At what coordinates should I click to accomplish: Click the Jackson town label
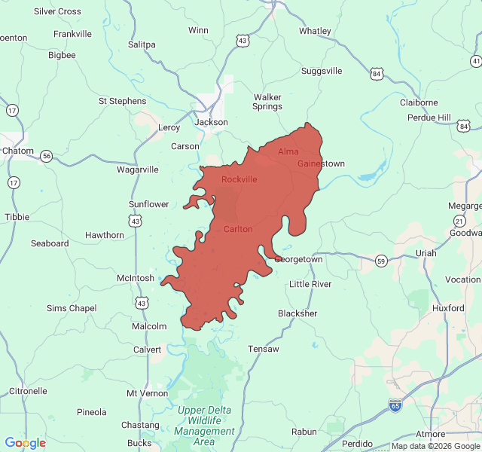(x=211, y=122)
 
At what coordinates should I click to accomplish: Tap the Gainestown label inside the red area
(x=321, y=163)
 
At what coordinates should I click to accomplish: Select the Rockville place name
(x=239, y=179)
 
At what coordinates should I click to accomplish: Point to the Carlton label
(x=238, y=228)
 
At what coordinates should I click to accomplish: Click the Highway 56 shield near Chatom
(x=47, y=156)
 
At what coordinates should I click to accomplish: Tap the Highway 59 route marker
(x=382, y=261)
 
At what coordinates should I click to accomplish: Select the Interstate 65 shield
(x=395, y=405)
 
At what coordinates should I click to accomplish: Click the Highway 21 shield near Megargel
(x=459, y=220)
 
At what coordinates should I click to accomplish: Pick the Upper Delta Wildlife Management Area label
(x=204, y=426)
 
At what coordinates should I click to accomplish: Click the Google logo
(x=25, y=443)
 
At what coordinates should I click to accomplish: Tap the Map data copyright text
(x=435, y=446)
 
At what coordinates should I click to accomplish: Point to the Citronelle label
(x=28, y=391)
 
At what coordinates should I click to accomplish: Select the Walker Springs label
(x=267, y=102)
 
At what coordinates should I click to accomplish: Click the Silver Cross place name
(x=57, y=11)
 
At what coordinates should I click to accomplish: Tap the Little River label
(x=310, y=284)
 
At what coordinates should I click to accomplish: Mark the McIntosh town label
(x=136, y=278)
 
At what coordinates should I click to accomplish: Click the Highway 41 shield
(x=476, y=60)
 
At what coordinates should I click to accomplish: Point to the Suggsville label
(x=322, y=71)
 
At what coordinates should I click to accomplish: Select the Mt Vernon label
(x=148, y=393)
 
